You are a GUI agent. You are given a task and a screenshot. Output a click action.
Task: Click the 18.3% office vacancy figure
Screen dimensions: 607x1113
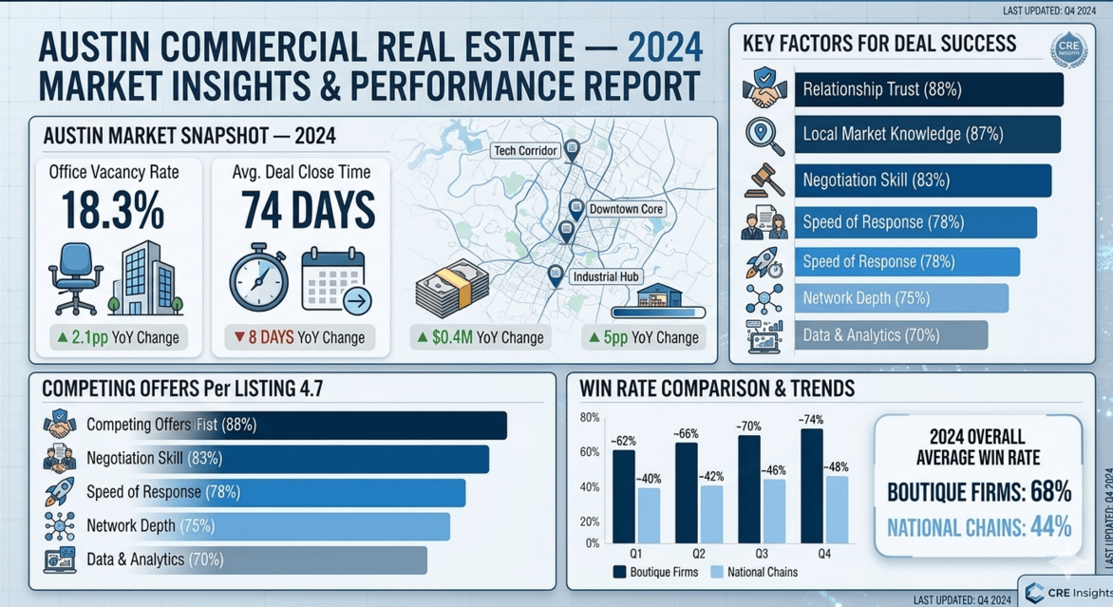pyautogui.click(x=114, y=212)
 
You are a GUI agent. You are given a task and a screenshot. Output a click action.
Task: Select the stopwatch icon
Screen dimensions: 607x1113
pyautogui.click(x=258, y=279)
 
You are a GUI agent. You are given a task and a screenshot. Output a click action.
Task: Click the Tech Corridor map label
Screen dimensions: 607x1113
pyautogui.click(x=525, y=150)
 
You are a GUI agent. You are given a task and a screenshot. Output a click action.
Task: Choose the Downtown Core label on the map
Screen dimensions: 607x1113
pyautogui.click(x=626, y=208)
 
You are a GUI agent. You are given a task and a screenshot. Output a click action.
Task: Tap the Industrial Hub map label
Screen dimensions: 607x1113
pyautogui.click(x=607, y=276)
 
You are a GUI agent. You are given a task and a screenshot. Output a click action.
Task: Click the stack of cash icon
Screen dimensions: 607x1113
pyautogui.click(x=452, y=288)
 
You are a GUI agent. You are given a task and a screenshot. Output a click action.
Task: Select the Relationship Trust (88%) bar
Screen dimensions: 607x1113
pyautogui.click(x=928, y=89)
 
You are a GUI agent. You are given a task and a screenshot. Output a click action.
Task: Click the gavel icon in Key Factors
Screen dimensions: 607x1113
pyautogui.click(x=764, y=179)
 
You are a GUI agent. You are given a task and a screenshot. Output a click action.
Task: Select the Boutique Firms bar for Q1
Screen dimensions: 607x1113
pyautogui.click(x=624, y=496)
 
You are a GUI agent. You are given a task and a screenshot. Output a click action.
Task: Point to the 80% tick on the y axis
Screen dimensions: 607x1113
pyautogui.click(x=589, y=418)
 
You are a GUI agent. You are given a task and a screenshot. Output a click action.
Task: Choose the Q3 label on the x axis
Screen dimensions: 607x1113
pyautogui.click(x=762, y=553)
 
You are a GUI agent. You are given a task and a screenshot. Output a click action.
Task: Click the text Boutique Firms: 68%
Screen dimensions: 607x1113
pyautogui.click(x=978, y=491)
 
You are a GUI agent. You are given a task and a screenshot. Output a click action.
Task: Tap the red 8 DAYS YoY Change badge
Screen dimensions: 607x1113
pyautogui.click(x=301, y=337)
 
